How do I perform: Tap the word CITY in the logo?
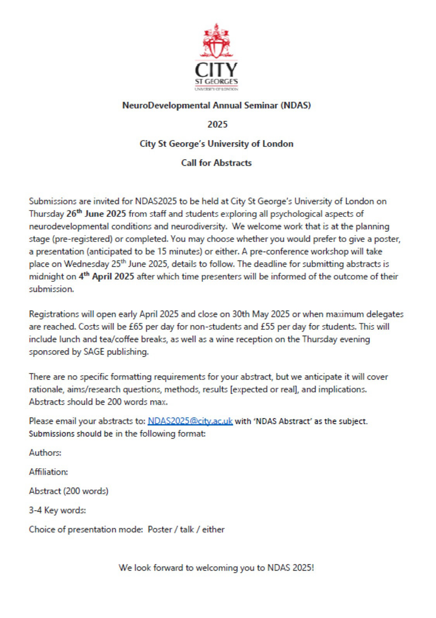[x=216, y=70]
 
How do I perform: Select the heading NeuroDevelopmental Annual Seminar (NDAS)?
[x=216, y=105]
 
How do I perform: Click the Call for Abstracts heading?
[x=216, y=163]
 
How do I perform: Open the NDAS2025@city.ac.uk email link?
[x=190, y=421]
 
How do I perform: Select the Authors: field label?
[x=45, y=453]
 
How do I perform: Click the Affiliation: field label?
[x=48, y=472]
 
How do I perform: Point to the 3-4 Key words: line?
[x=57, y=510]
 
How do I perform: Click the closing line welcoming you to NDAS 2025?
[x=216, y=568]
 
